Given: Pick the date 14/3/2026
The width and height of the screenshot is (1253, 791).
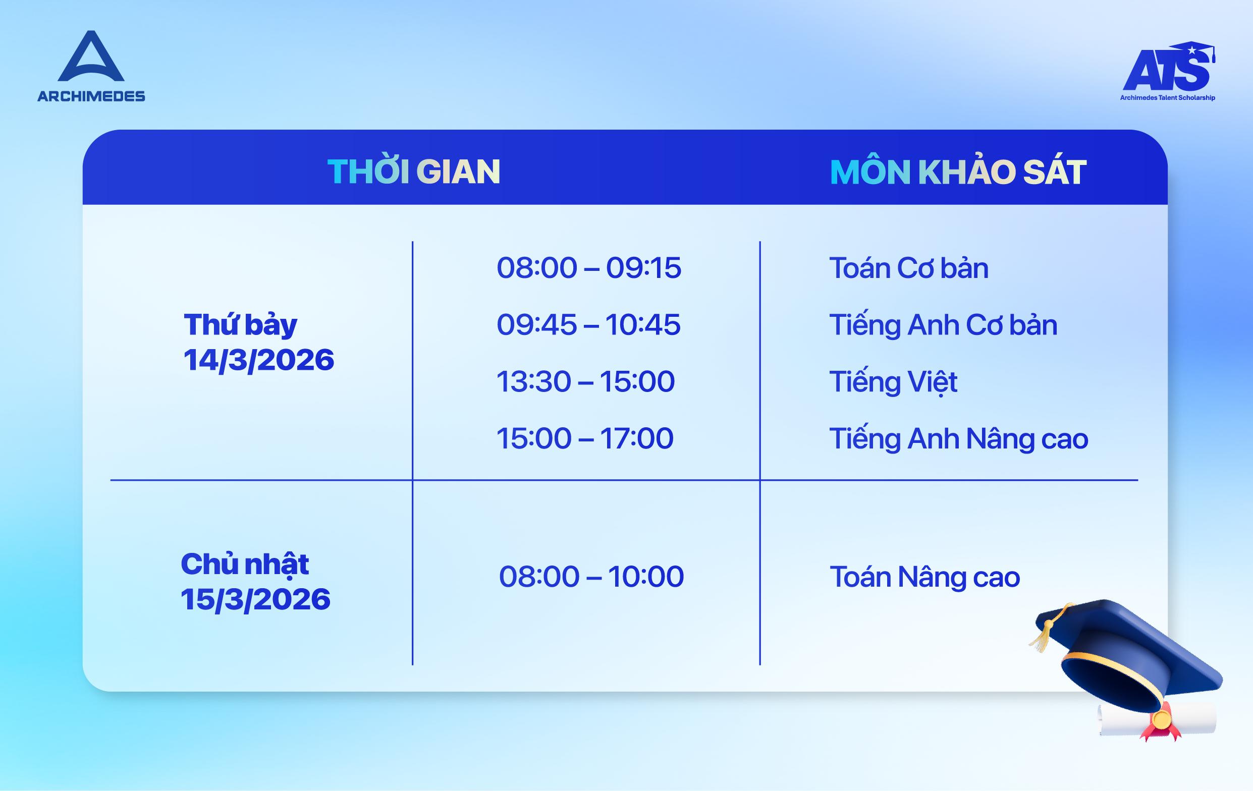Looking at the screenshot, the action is point(258,360).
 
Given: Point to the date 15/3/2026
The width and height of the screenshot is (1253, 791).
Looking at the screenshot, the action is point(255,599).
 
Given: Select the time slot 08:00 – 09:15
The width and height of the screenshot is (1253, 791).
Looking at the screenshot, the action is point(588,268).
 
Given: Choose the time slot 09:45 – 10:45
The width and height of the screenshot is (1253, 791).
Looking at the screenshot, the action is point(588,324).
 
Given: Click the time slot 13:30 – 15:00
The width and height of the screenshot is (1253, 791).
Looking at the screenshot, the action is point(585,381).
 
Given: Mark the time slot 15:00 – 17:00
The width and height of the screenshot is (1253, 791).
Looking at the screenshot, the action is point(585,438).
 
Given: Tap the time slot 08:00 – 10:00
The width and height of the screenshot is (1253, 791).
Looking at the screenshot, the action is point(591,576).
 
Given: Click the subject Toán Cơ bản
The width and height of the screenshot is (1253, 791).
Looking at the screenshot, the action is point(908,268).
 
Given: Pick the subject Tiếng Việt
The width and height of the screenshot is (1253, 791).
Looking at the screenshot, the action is point(893,382).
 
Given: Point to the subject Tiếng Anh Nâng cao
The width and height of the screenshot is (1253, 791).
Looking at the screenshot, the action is point(958,439).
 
